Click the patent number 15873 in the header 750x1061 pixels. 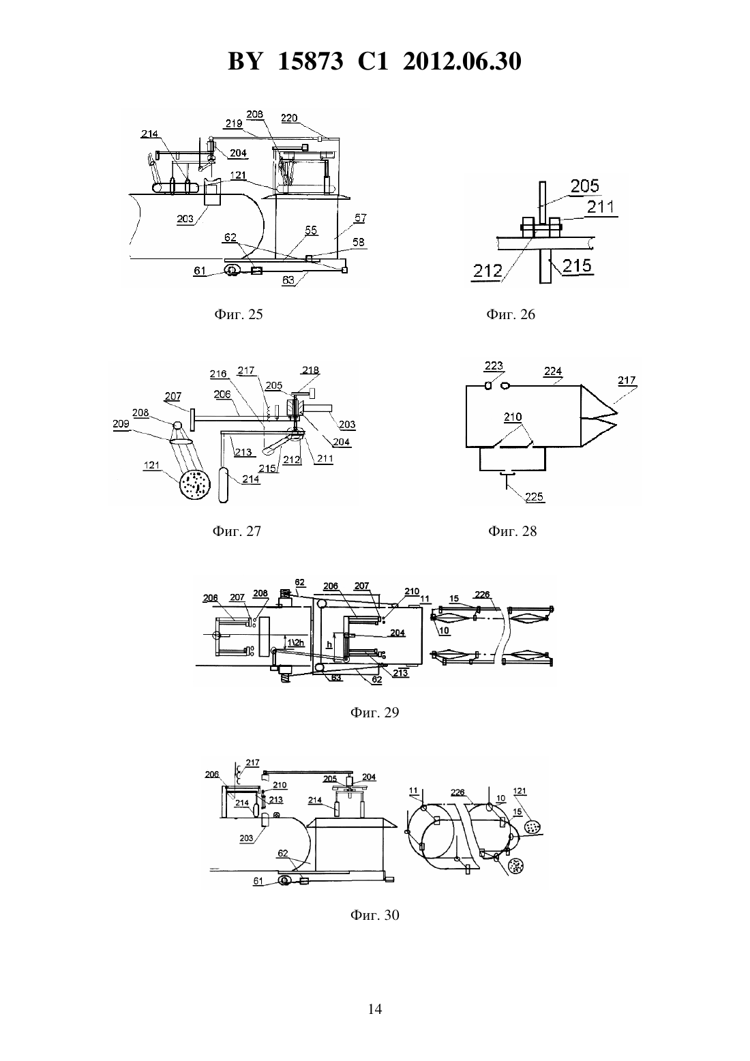click(x=310, y=61)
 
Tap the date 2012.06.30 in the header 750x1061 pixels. click(x=462, y=61)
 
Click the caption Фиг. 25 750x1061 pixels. click(x=239, y=314)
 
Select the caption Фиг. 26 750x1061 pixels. click(x=511, y=314)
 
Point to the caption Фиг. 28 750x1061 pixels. click(x=512, y=531)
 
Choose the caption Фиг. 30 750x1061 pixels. click(x=374, y=914)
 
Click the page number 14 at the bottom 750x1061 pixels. click(x=374, y=1009)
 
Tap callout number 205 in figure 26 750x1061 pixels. click(x=584, y=186)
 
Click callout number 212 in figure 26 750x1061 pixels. click(x=487, y=271)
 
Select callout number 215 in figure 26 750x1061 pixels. click(x=577, y=265)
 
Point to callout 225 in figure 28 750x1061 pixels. click(x=535, y=496)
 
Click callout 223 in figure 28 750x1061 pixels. click(x=494, y=365)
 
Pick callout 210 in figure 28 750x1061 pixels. click(x=513, y=417)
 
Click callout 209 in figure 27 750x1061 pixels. click(x=121, y=423)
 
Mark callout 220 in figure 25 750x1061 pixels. click(x=289, y=118)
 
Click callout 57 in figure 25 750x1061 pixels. click(x=360, y=218)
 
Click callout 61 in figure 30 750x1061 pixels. click(x=258, y=881)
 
